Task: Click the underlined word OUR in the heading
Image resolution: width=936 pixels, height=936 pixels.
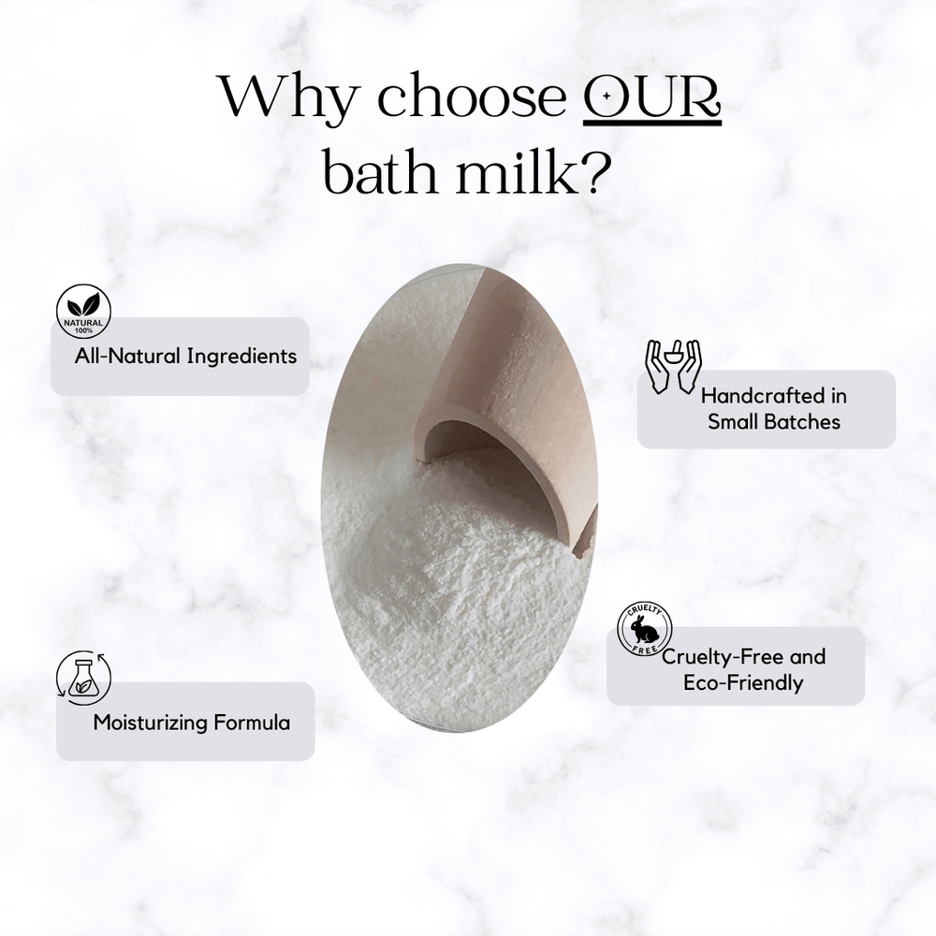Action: click(x=652, y=99)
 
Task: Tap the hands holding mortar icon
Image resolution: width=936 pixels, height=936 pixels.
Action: click(x=674, y=364)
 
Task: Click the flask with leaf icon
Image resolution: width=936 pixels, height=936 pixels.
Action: click(x=82, y=676)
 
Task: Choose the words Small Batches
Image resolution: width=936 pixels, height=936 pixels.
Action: click(x=774, y=422)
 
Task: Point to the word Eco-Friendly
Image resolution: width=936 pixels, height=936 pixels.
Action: click(x=743, y=683)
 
